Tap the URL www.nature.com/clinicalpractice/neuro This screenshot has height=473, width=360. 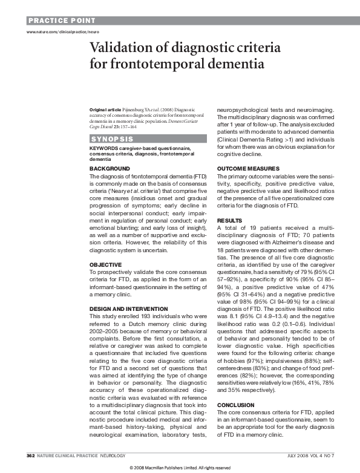click(x=62, y=31)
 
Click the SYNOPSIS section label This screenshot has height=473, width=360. click(x=109, y=139)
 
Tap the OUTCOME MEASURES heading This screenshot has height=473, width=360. click(x=248, y=168)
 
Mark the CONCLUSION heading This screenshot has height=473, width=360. click(x=237, y=388)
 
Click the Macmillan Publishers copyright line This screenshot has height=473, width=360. click(x=180, y=468)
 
